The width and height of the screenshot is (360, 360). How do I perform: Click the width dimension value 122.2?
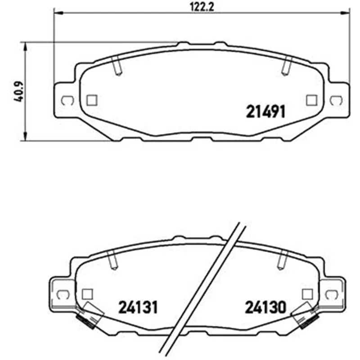202,7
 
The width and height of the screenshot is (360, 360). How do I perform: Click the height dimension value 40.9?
19,91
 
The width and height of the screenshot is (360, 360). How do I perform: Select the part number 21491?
265,112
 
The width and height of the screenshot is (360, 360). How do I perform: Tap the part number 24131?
138,307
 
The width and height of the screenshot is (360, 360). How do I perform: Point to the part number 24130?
265,307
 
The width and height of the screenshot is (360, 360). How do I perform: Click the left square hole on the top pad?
92,100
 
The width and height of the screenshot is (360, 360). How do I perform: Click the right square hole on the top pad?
312,100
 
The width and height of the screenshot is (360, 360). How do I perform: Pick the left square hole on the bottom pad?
87,294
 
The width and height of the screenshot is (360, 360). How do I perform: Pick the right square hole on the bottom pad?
307,294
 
